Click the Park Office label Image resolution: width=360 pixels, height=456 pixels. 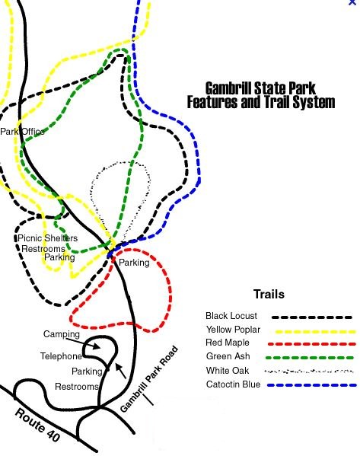[x=22, y=132]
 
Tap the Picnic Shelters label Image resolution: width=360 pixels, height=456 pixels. [x=48, y=238]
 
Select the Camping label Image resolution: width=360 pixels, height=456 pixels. [x=62, y=334]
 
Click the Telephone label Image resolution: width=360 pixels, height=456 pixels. [x=61, y=356]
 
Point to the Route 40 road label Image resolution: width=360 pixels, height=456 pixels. [x=37, y=425]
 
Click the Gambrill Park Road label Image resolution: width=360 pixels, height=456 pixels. [x=148, y=378]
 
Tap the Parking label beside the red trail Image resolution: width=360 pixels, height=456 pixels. [x=134, y=263]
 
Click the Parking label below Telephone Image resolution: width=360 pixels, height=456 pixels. [x=87, y=371]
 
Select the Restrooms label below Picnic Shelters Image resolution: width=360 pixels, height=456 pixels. [x=43, y=249]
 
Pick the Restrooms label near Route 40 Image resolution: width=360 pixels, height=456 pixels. [x=77, y=387]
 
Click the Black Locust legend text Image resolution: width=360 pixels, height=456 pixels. [x=231, y=316]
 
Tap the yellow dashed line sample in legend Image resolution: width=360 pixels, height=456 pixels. [x=315, y=331]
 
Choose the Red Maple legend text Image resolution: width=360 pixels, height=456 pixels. [x=227, y=343]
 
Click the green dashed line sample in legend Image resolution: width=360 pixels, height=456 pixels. [x=310, y=358]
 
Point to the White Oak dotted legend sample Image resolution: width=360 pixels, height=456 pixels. [x=309, y=371]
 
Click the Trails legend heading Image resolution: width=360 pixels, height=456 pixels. [x=269, y=295]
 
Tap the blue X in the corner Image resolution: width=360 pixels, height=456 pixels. [x=352, y=2]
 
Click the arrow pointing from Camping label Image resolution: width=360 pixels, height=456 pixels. [x=84, y=343]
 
